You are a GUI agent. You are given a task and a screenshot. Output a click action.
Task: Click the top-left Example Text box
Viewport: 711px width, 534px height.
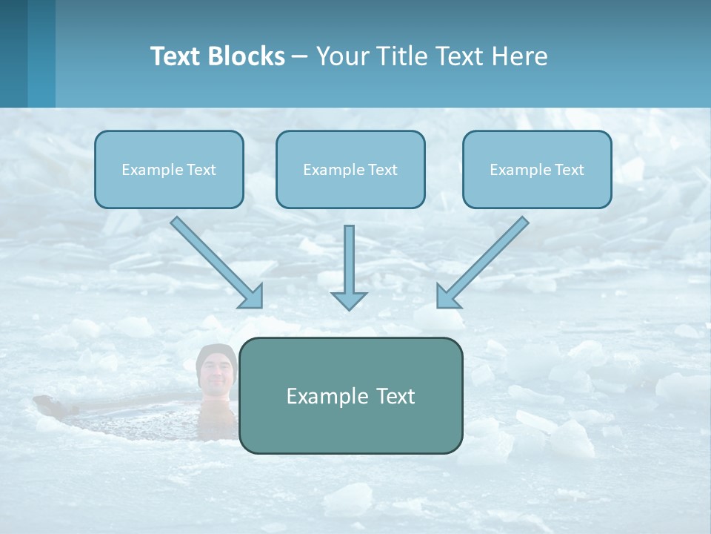169,169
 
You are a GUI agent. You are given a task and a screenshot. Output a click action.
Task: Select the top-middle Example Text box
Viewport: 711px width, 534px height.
350,169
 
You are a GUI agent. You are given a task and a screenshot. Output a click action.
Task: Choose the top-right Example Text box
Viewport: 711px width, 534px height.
537,169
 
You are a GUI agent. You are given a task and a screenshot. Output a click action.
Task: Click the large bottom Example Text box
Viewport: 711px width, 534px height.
350,395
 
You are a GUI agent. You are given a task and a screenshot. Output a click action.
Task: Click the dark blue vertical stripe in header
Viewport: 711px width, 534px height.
13,53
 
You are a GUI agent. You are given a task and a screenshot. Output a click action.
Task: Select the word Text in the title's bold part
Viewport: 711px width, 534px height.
176,56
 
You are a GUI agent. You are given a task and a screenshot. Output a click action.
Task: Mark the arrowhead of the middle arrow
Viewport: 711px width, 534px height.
349,300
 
